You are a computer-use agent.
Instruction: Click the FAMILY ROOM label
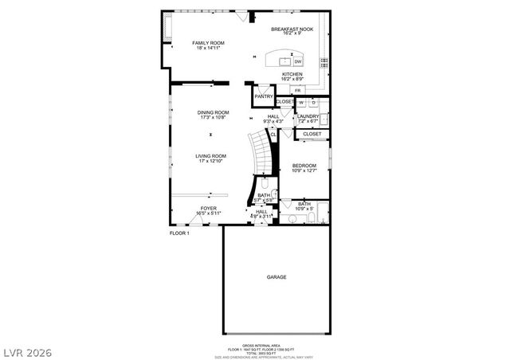coord(208,42)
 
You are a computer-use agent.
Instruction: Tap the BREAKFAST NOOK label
coord(292,29)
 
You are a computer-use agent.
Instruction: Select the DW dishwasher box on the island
coord(297,61)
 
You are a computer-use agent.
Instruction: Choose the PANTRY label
coord(264,96)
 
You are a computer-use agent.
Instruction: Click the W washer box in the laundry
coord(302,102)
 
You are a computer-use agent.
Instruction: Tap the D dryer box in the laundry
coord(313,102)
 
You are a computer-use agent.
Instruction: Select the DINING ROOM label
coord(213,112)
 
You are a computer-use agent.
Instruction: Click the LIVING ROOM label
coord(213,156)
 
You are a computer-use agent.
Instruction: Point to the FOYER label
coord(209,208)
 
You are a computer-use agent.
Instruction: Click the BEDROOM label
coord(304,165)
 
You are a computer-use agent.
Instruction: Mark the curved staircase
coord(260,151)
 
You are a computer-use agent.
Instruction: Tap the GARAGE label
coord(277,276)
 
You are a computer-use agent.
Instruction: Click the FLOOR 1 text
coord(179,233)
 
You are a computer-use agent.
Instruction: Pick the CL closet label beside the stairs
coord(273,135)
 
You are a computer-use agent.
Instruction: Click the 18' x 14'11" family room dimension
coord(208,48)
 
